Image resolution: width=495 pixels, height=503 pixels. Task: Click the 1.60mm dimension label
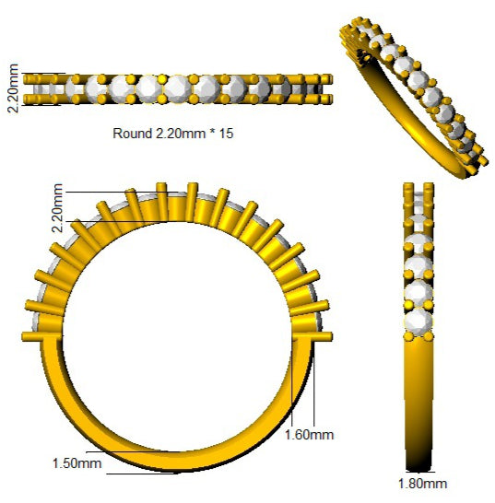tap(309, 435)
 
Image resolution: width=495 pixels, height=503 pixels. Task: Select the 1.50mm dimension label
tap(77, 463)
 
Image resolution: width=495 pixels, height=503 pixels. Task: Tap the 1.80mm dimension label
tap(422, 484)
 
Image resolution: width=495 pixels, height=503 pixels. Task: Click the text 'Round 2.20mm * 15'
tap(172, 134)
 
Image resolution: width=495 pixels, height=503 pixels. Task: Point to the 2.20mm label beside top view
tap(14, 88)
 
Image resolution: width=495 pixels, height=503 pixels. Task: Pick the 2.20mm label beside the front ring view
tap(57, 207)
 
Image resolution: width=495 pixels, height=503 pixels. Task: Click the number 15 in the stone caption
tap(226, 134)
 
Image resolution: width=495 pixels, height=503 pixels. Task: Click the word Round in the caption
tap(132, 134)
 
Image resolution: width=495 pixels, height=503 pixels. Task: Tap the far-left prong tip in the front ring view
tap(22, 337)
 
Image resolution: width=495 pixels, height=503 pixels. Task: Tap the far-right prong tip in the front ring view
tap(331, 337)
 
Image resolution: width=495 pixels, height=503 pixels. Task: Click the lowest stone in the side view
tap(418, 321)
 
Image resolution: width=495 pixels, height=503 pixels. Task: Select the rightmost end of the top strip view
tap(331, 88)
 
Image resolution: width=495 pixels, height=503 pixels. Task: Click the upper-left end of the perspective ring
tap(344, 31)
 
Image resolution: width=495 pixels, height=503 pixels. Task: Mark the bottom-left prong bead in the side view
tap(408, 336)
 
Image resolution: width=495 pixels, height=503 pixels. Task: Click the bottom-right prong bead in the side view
tap(429, 336)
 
